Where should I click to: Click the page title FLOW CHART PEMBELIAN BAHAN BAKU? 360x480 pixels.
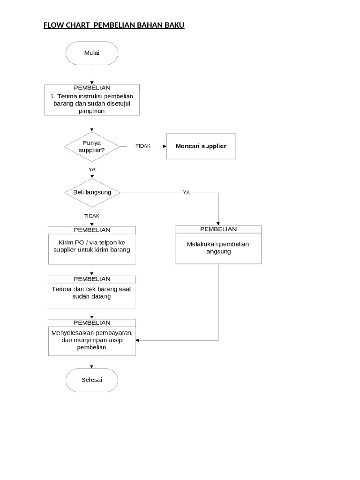click(x=114, y=25)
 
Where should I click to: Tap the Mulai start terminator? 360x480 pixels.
click(x=92, y=53)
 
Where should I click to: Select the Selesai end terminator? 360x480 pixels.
click(x=92, y=379)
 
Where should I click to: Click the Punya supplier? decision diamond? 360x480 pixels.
click(x=92, y=146)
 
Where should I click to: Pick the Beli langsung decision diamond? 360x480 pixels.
click(x=92, y=193)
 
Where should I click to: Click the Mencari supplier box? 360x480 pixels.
click(x=201, y=146)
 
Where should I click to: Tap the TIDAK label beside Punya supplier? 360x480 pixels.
click(x=142, y=146)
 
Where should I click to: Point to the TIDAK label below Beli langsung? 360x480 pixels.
click(x=91, y=216)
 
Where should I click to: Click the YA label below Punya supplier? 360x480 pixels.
click(x=92, y=169)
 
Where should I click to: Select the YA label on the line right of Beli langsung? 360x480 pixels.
click(x=186, y=193)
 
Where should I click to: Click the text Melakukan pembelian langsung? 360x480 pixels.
click(x=218, y=248)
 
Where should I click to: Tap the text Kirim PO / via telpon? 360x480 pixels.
click(x=91, y=242)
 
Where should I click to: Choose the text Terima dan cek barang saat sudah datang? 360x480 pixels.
click(x=92, y=293)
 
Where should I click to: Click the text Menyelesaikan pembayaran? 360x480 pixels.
click(x=92, y=333)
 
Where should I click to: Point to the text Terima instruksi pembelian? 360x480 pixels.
click(x=92, y=96)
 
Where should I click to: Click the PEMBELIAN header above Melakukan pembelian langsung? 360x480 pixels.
click(x=218, y=229)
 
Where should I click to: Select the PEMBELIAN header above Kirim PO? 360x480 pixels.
click(x=92, y=230)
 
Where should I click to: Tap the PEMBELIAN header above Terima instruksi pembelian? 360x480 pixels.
click(x=92, y=88)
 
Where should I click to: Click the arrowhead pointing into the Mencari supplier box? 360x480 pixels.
click(x=165, y=146)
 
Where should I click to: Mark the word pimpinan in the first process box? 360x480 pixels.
click(x=92, y=111)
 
